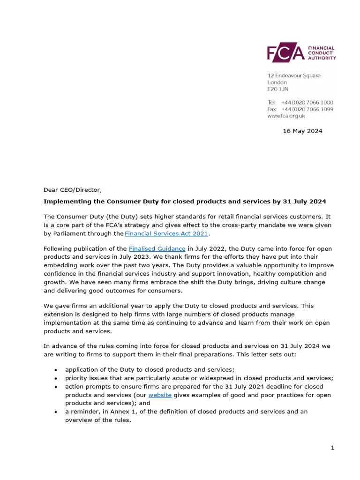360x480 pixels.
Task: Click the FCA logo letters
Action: [x=285, y=53]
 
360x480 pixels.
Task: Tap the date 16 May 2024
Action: [x=302, y=131]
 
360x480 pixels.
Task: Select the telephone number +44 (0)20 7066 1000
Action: [x=307, y=102]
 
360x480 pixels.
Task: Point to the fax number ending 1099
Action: [x=307, y=109]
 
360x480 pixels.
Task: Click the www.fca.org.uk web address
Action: [x=286, y=116]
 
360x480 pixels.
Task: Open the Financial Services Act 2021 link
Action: [x=166, y=233]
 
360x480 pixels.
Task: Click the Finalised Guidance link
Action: [x=157, y=248]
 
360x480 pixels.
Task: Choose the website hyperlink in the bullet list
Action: [x=160, y=395]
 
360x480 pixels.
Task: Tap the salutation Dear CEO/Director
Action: [x=72, y=190]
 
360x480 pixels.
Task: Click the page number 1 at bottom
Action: [x=332, y=448]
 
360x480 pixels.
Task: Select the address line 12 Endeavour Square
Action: [x=294, y=75]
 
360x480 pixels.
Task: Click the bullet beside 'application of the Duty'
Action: [x=56, y=370]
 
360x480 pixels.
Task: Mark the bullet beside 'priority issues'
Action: [x=56, y=378]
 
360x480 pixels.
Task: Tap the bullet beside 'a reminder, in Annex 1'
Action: [x=56, y=412]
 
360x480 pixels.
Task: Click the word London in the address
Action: [x=277, y=82]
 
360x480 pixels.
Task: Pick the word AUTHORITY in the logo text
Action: [x=322, y=58]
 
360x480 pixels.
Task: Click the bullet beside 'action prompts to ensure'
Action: [x=56, y=387]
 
